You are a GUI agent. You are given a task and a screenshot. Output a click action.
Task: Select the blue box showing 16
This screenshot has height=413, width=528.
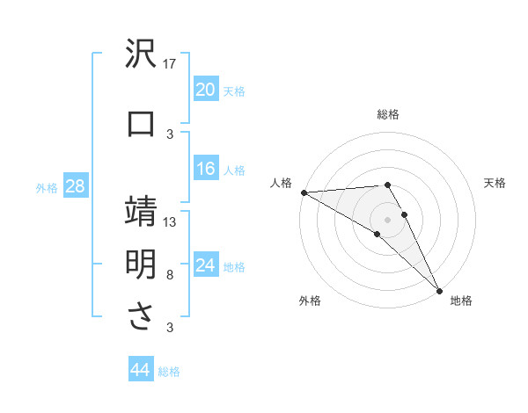(205, 170)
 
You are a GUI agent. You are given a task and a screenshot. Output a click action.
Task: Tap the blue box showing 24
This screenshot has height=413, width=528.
(205, 266)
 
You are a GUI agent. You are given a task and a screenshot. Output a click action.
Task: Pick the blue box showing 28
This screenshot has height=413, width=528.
(74, 186)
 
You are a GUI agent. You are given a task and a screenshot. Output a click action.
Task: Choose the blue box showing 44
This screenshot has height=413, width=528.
(140, 370)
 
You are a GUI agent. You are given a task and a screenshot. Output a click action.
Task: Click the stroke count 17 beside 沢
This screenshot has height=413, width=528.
(171, 63)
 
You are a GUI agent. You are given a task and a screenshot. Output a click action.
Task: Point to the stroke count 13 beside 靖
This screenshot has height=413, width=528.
(171, 221)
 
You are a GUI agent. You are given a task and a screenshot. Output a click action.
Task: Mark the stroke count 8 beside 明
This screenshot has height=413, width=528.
(171, 275)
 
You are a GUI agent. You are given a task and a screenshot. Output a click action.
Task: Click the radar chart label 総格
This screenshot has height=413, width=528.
(388, 114)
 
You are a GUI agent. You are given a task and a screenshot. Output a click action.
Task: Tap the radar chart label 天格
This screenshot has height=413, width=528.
(495, 183)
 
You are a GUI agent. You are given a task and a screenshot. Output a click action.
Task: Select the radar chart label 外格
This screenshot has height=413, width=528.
(310, 301)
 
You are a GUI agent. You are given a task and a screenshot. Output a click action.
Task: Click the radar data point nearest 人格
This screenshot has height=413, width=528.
(304, 192)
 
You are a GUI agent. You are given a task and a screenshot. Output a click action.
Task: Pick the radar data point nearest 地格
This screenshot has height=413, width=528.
(440, 290)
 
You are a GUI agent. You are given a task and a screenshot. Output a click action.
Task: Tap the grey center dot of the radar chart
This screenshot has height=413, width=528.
(387, 219)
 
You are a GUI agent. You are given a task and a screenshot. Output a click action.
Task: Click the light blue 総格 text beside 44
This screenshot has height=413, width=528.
(169, 372)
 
